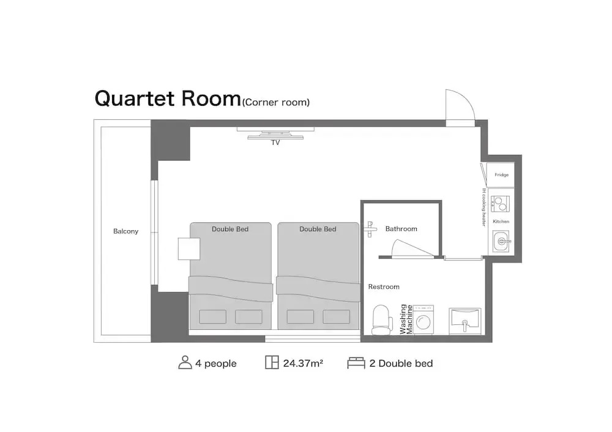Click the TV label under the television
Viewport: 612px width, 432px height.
tap(275, 143)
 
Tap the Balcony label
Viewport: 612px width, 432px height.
tap(125, 231)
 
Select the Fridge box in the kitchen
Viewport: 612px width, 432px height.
tap(501, 175)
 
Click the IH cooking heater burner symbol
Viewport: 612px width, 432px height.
tap(500, 204)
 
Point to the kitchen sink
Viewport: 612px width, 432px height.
tap(501, 242)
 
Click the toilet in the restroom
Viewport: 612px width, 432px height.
tap(382, 321)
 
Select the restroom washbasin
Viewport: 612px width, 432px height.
tap(465, 321)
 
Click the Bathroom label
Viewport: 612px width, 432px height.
tap(401, 229)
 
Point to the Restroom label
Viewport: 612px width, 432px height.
tap(384, 287)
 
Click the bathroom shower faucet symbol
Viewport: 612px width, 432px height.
tap(370, 229)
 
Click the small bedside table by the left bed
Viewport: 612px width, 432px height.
tap(189, 248)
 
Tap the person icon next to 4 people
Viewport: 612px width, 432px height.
tap(185, 362)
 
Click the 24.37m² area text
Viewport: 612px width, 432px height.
tap(303, 363)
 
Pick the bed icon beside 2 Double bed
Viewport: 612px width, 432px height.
tap(356, 363)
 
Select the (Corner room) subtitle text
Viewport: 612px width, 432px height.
tap(276, 103)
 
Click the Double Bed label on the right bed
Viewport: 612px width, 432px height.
tap(318, 229)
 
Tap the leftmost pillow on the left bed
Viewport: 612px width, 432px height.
tap(213, 316)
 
